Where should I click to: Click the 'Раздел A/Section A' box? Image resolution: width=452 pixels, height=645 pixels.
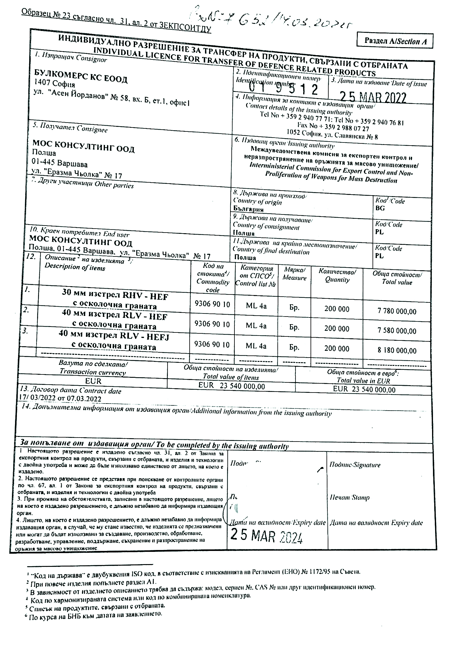[x=395, y=40]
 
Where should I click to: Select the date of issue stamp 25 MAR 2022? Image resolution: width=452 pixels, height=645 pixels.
[x=373, y=97]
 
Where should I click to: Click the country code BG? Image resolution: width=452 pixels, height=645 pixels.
[x=380, y=208]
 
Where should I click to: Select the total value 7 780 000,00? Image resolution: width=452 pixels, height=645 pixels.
[x=397, y=312]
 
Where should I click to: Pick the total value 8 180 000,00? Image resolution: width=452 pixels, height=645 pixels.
[x=397, y=350]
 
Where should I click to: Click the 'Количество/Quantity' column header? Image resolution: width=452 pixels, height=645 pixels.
[x=337, y=275]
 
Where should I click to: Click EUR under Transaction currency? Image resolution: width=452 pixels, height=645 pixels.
[x=93, y=381]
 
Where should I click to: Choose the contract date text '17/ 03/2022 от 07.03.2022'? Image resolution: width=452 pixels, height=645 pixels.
[x=60, y=399]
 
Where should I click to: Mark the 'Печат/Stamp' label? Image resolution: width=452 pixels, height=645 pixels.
[x=350, y=498]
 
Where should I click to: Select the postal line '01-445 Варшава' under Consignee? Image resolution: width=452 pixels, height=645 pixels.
[x=60, y=164]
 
